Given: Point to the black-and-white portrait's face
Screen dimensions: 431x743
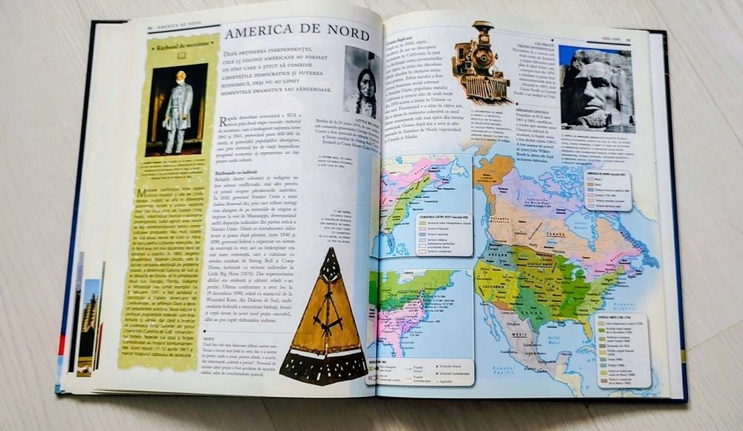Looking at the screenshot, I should click(x=366, y=79).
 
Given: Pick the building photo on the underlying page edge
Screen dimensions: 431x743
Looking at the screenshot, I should click(x=89, y=312).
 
